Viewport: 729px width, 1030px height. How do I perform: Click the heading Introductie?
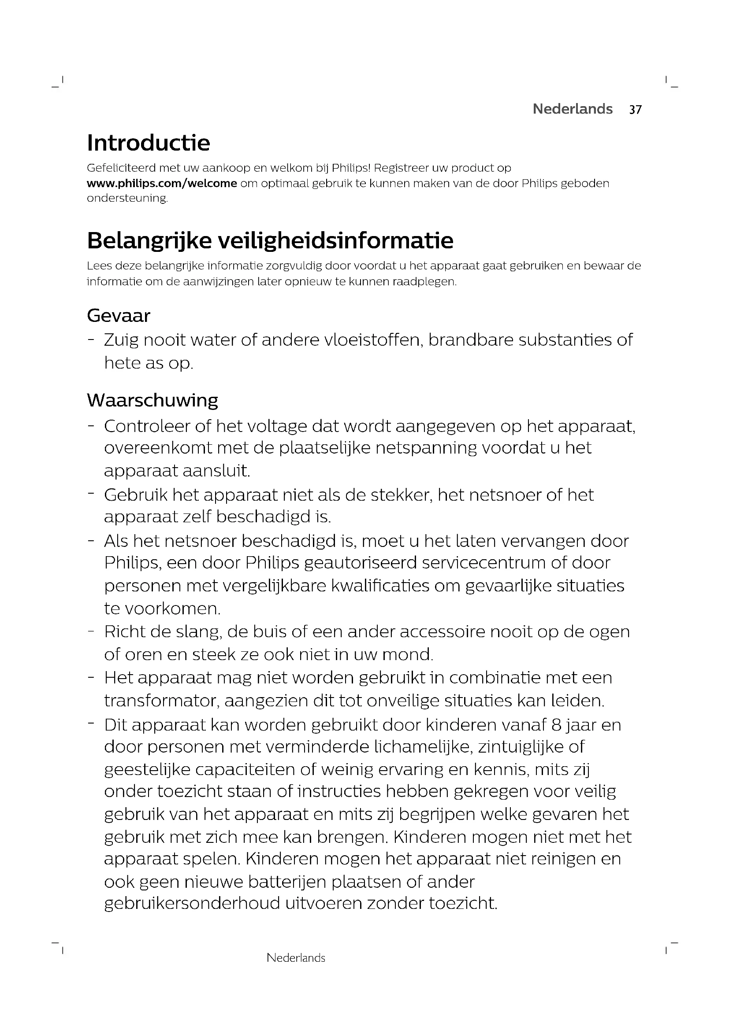[148, 143]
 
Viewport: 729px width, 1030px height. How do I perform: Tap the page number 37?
[635, 110]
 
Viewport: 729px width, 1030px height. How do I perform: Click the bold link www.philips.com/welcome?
[162, 184]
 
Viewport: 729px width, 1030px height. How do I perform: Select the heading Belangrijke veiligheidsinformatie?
[270, 241]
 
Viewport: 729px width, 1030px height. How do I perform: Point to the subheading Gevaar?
[118, 316]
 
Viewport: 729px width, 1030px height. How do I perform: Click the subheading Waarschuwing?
[152, 400]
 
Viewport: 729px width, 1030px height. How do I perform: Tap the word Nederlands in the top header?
[573, 109]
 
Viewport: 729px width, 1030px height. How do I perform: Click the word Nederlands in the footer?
[296, 958]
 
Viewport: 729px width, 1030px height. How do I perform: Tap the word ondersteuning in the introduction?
[127, 198]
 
